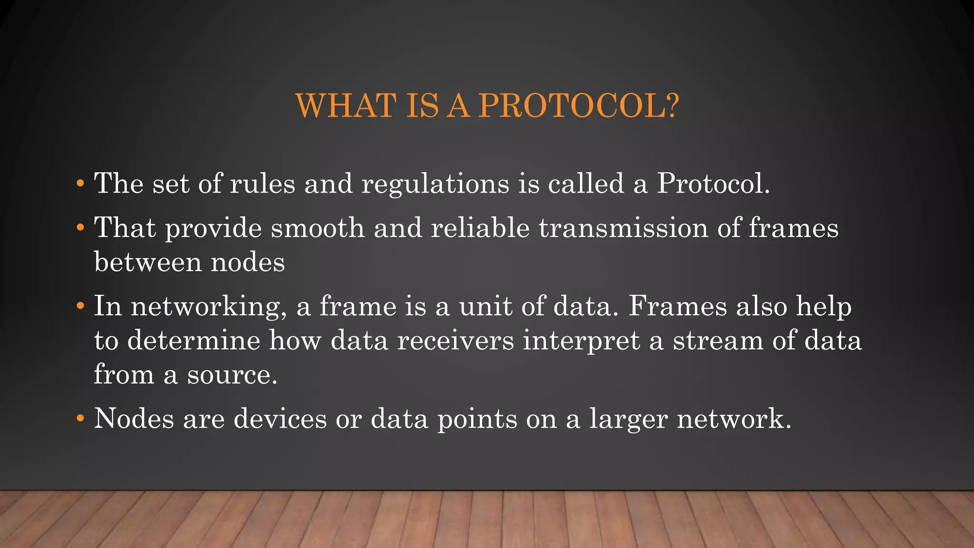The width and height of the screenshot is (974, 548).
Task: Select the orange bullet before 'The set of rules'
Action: point(80,184)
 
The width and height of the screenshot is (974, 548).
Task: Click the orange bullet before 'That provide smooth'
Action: point(80,228)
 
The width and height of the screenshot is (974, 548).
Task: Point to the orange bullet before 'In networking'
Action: point(80,306)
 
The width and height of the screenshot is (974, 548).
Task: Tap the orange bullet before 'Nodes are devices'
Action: point(80,419)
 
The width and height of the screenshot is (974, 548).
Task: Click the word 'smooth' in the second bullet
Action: point(317,228)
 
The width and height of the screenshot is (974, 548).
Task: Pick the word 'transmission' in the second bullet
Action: point(623,228)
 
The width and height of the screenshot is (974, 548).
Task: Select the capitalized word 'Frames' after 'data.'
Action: point(678,306)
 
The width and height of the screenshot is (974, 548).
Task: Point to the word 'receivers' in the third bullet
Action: point(455,341)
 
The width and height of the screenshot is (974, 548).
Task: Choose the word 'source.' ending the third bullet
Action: point(232,375)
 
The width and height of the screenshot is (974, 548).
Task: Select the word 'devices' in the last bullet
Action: point(280,419)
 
